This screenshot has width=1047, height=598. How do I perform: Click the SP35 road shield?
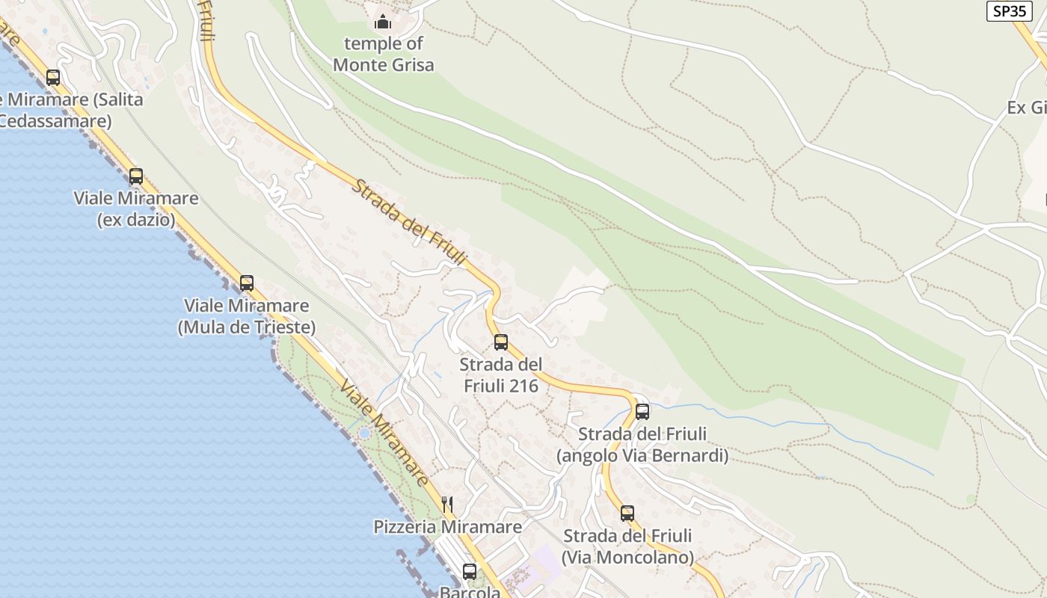[x=1010, y=11]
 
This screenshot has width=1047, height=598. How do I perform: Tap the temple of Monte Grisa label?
[x=383, y=55]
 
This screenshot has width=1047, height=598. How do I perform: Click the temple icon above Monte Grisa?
[x=383, y=22]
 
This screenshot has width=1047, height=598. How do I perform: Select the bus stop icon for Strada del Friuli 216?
[x=501, y=342]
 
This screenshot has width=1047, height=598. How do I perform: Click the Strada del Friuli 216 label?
[x=500, y=375]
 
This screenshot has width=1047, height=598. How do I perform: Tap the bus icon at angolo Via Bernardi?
[x=642, y=411]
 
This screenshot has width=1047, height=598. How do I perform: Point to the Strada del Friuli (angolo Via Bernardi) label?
[x=642, y=445]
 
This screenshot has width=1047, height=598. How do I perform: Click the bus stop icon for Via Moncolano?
[x=627, y=513]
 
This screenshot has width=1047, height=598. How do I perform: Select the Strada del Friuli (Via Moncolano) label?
[x=627, y=546]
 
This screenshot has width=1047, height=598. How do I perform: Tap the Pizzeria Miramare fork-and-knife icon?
[x=447, y=504]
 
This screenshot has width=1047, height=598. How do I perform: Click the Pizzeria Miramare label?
[x=448, y=527]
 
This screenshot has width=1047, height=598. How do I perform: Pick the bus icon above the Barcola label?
[x=470, y=571]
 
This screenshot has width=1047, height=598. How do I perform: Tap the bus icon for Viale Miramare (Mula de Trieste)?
[x=247, y=283]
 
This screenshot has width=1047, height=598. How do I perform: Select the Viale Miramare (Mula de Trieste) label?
[x=247, y=316]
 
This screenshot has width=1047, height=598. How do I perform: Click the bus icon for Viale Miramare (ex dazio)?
[x=136, y=176]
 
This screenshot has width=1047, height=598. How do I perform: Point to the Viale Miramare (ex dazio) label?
[x=136, y=209]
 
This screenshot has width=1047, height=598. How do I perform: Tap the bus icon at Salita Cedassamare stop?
[x=53, y=77]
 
